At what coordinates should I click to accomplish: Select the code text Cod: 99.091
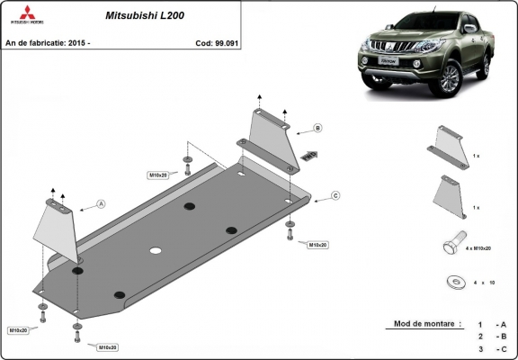217,41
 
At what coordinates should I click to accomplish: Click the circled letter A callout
101,204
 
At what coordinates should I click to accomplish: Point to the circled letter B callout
317,128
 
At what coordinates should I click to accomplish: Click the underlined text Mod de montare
427,323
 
